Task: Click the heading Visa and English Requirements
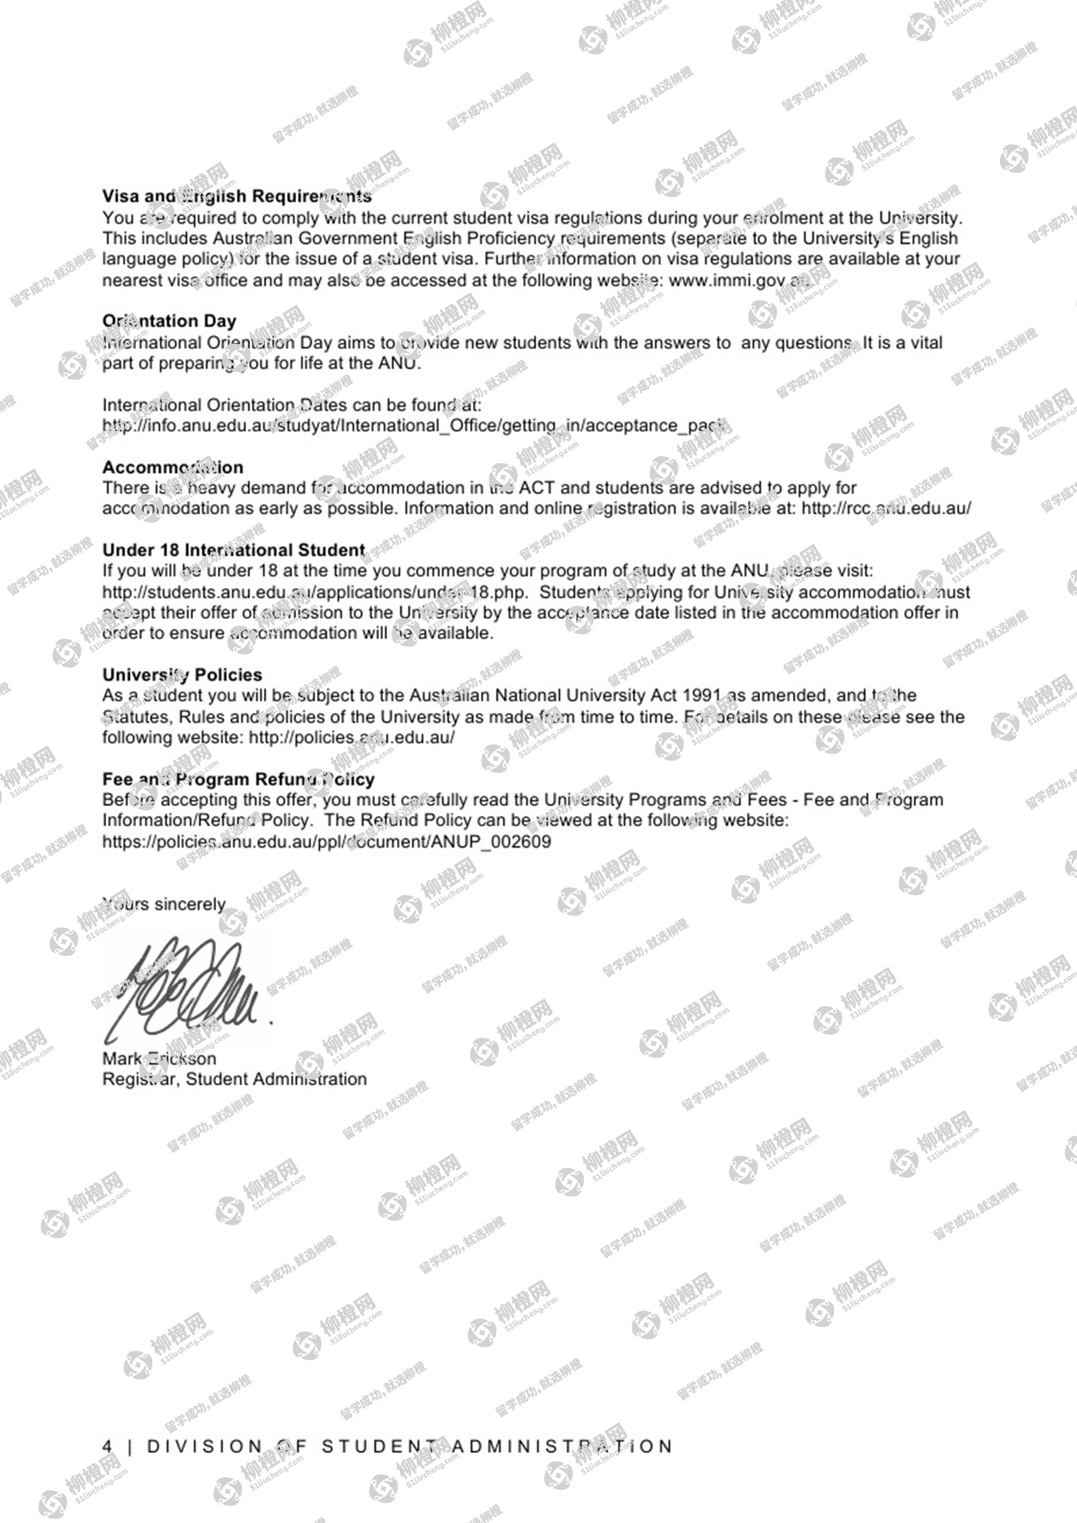[x=237, y=197]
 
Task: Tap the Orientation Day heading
[x=169, y=321]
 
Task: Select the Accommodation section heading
[x=172, y=468]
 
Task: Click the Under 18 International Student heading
[x=234, y=551]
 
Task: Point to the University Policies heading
[x=182, y=675]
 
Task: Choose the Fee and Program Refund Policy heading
[x=238, y=779]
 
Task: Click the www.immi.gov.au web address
[x=739, y=281]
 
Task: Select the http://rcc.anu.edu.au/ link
[x=886, y=508]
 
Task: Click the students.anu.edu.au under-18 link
[x=315, y=593]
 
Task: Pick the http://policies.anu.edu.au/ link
[x=352, y=738]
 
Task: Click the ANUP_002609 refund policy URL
[x=327, y=841]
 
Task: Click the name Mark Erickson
[x=159, y=1059]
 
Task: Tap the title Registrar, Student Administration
[x=235, y=1079]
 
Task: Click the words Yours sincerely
[x=165, y=905]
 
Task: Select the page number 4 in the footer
[x=107, y=1446]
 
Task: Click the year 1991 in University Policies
[x=701, y=696]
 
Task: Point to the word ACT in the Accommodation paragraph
[x=536, y=488]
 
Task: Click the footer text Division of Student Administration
[x=410, y=1446]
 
